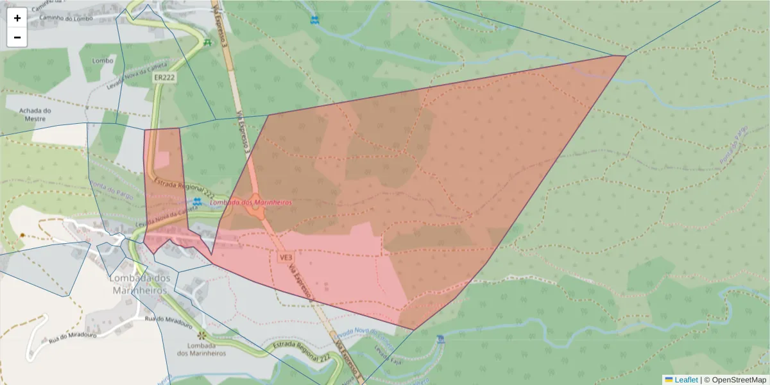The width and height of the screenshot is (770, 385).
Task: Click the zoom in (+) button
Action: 17,18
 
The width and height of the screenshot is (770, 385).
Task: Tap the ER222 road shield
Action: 165,78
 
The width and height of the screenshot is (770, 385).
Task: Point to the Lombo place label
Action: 103,61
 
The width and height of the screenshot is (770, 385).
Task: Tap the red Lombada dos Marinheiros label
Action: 251,202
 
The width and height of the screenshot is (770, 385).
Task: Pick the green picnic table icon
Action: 207,42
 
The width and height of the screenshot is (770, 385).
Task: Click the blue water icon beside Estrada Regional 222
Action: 197,201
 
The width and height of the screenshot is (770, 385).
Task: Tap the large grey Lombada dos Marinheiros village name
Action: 140,284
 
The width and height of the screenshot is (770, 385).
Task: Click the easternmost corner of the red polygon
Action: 626,56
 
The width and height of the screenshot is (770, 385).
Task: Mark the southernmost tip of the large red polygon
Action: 414,330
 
